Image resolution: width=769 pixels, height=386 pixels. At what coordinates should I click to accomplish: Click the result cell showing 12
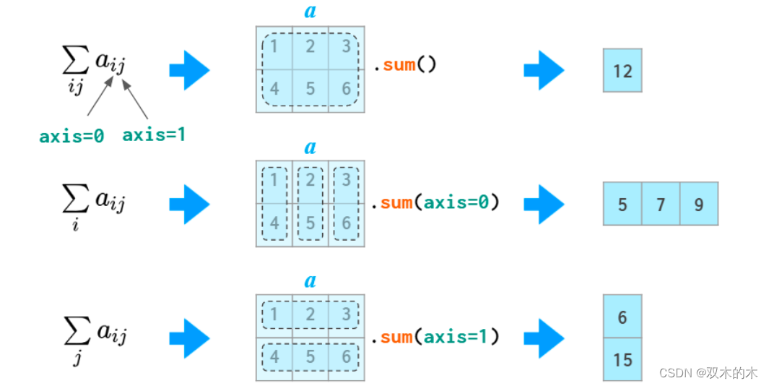[x=622, y=71]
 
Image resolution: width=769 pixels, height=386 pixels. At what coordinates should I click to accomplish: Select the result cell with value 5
[x=622, y=204]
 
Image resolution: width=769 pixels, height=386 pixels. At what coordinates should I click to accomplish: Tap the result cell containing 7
[x=661, y=204]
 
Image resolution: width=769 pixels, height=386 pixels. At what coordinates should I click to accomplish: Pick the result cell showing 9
[x=699, y=204]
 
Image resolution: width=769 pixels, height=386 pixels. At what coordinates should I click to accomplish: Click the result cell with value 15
[x=622, y=359]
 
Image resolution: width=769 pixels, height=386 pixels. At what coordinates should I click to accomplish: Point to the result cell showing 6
[x=622, y=317]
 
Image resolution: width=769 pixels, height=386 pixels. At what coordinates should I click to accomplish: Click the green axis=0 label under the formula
[x=71, y=136]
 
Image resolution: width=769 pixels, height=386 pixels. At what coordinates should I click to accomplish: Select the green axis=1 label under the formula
[x=154, y=134]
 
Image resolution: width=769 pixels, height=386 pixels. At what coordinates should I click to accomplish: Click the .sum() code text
[x=404, y=65]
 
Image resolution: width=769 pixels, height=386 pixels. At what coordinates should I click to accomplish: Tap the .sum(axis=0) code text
[x=435, y=203]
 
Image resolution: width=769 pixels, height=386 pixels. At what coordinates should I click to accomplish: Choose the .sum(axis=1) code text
[x=435, y=337]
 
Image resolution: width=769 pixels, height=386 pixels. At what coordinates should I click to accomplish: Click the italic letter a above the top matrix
[x=310, y=12]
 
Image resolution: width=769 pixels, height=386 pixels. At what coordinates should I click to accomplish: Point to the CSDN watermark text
[x=708, y=373]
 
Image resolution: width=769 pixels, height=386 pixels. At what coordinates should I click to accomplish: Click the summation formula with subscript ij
[x=93, y=67]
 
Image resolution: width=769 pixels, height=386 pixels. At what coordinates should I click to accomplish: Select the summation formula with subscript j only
[x=93, y=336]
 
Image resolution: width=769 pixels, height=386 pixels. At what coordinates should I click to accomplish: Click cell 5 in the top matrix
[x=310, y=90]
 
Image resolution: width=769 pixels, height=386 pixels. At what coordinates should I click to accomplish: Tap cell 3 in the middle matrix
[x=347, y=180]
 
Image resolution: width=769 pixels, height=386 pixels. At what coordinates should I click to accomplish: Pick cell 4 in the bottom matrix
[x=274, y=356]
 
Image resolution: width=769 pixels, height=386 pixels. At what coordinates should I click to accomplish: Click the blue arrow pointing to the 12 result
[x=544, y=70]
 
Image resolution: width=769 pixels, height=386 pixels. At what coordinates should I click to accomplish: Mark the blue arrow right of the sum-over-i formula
[x=189, y=204]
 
